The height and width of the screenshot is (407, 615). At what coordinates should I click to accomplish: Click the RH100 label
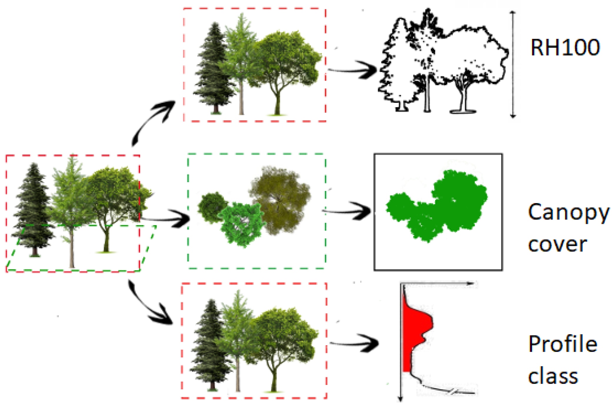(x=565, y=47)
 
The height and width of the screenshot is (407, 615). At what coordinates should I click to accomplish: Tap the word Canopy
(x=568, y=212)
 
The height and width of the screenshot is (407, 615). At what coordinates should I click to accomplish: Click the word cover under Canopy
(x=557, y=244)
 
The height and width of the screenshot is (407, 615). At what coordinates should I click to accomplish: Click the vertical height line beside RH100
(x=513, y=65)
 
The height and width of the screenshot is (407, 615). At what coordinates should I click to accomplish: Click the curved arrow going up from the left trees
(x=151, y=121)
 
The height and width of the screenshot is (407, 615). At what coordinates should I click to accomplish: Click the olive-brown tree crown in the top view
(x=279, y=200)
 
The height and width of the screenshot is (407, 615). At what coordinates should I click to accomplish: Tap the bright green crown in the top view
(x=241, y=224)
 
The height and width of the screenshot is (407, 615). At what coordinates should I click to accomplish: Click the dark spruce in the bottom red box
(x=210, y=344)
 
